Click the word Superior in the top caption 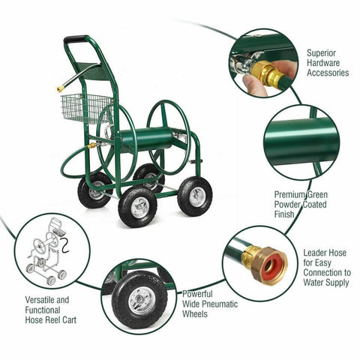pyautogui.click(x=322, y=53)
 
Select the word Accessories pyautogui.click(x=328, y=73)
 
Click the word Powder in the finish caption pyautogui.click(x=287, y=204)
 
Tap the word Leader pyautogui.click(x=316, y=253)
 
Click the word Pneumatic pyautogui.click(x=220, y=304)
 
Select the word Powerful pyautogui.click(x=197, y=294)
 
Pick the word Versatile pyautogui.click(x=40, y=300)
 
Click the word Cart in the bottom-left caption pyautogui.click(x=69, y=319)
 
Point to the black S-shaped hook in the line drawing pyautogui.click(x=64, y=246)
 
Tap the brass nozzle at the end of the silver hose pyautogui.click(x=60, y=88)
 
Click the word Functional pyautogui.click(x=43, y=310)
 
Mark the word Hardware pyautogui.click(x=323, y=63)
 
